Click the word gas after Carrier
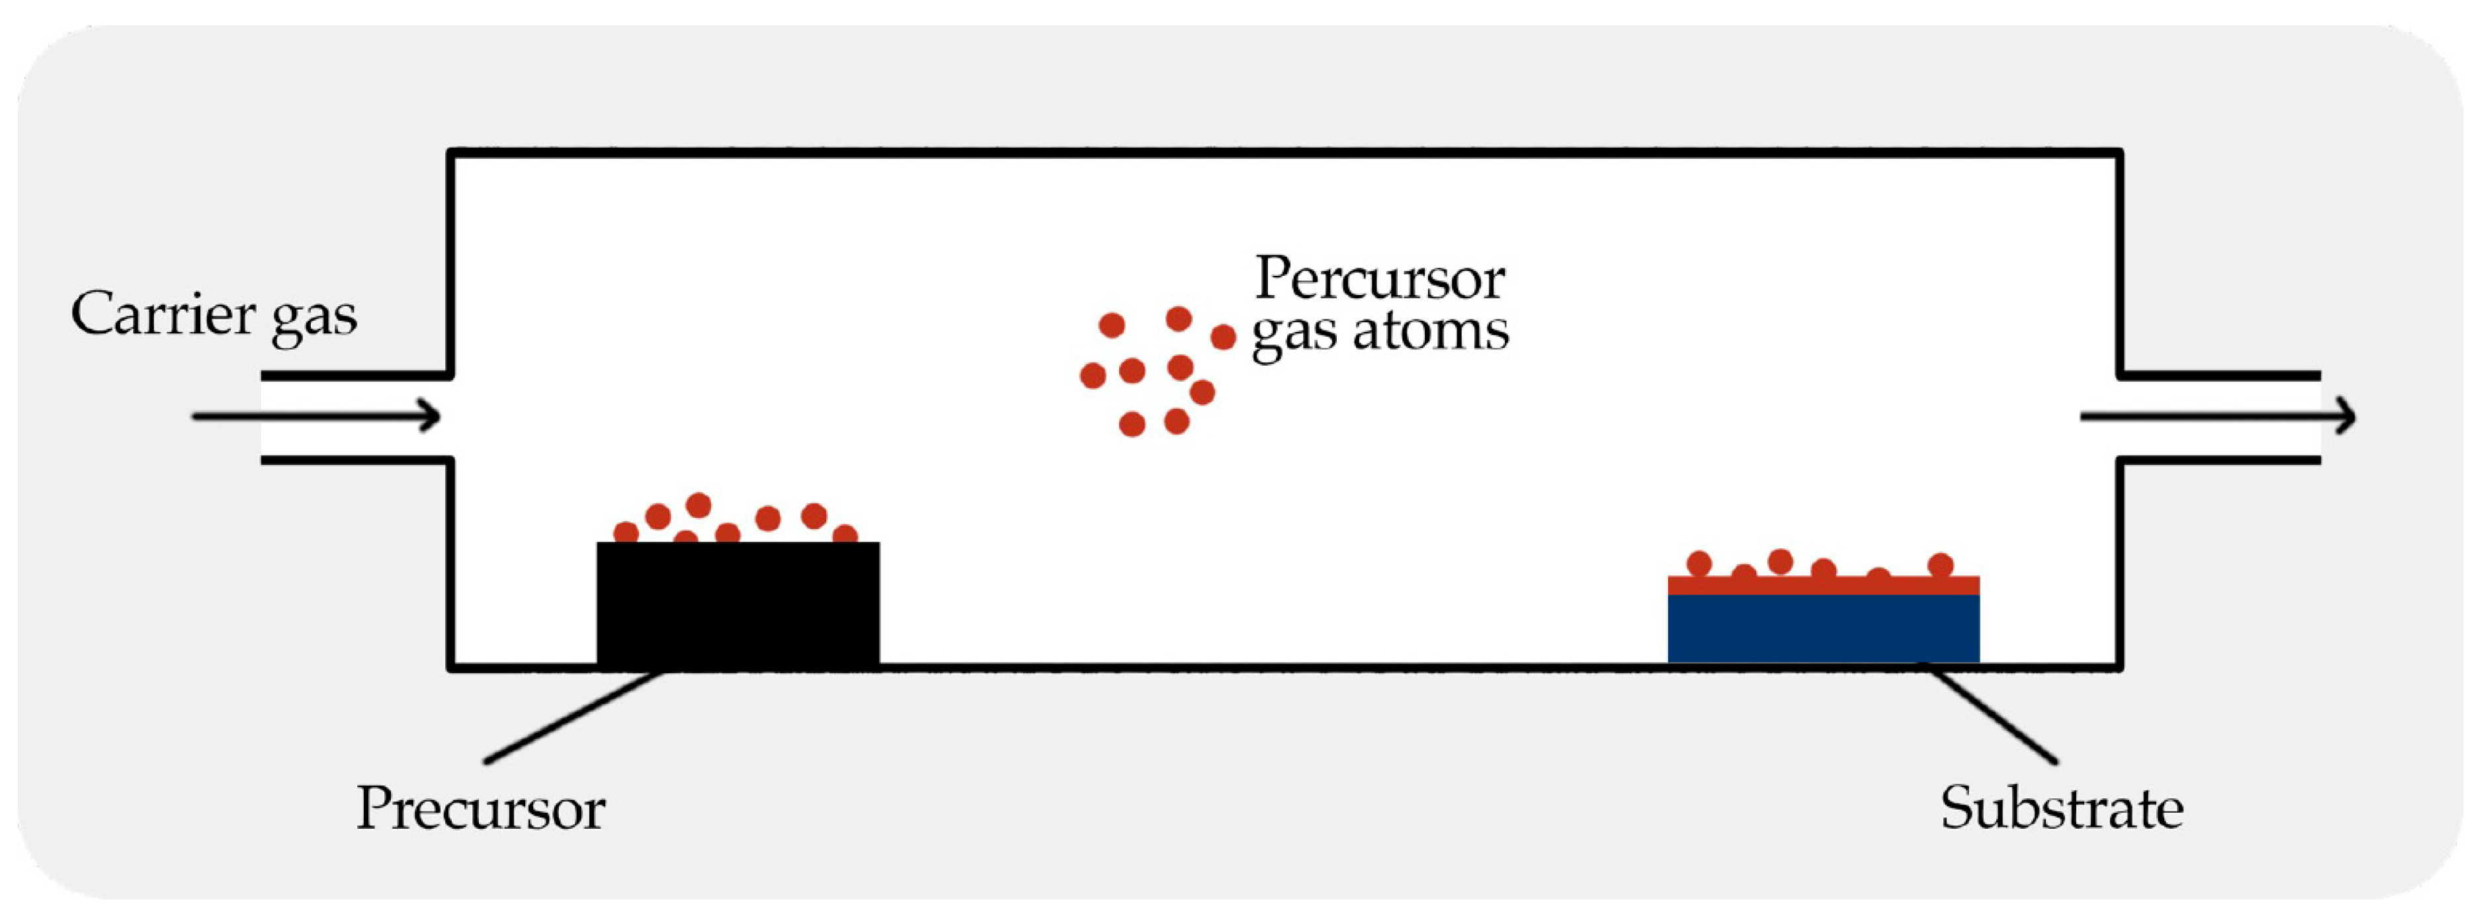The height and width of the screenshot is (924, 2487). point(314,319)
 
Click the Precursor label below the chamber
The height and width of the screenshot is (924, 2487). point(481,808)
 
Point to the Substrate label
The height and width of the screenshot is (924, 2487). point(2061,808)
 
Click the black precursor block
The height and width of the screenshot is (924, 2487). point(738,603)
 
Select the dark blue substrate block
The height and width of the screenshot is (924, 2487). point(1823,628)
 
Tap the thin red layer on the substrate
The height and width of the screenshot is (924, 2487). point(1823,585)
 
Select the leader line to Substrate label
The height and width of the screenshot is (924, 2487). point(1993,714)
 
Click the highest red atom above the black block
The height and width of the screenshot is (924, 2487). point(698,505)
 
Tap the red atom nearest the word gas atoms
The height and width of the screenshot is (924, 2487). point(1223,337)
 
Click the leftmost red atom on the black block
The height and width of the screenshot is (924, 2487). point(626,532)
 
